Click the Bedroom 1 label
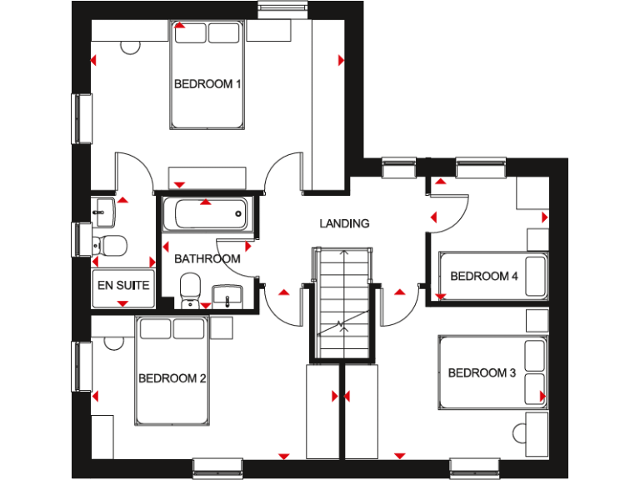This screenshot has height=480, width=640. (207, 84)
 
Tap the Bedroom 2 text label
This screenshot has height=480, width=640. (172, 378)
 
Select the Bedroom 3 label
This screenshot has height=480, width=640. (482, 373)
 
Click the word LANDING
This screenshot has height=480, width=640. (344, 223)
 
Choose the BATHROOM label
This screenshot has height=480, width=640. (207, 259)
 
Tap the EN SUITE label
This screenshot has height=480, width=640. (123, 285)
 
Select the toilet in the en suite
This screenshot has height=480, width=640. (110, 245)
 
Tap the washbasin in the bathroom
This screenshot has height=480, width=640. (226, 294)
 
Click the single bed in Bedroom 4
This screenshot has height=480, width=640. (492, 277)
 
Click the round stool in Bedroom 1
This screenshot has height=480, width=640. (130, 47)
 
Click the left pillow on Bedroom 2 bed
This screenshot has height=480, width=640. (155, 329)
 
